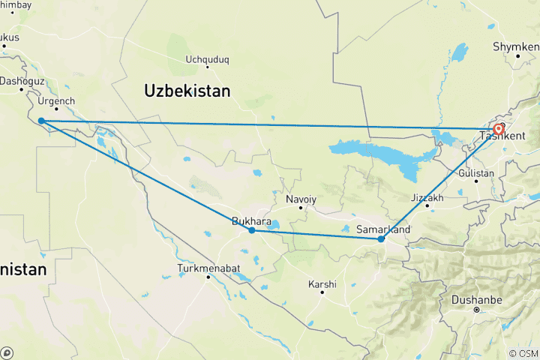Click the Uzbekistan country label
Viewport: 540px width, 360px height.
[187, 91]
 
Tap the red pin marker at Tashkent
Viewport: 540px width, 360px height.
[498, 130]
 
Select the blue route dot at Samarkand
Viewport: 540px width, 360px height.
[381, 239]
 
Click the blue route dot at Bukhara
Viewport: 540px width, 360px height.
[252, 230]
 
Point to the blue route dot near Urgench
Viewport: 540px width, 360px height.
[40, 121]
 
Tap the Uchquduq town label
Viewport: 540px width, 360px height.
[206, 58]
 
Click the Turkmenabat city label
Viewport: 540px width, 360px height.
[207, 268]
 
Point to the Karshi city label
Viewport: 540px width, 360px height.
[322, 284]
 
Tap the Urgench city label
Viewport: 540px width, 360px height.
[56, 100]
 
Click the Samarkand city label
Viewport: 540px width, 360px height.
[382, 229]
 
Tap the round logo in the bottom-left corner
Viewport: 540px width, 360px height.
[7, 352]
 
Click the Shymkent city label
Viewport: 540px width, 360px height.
[516, 46]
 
